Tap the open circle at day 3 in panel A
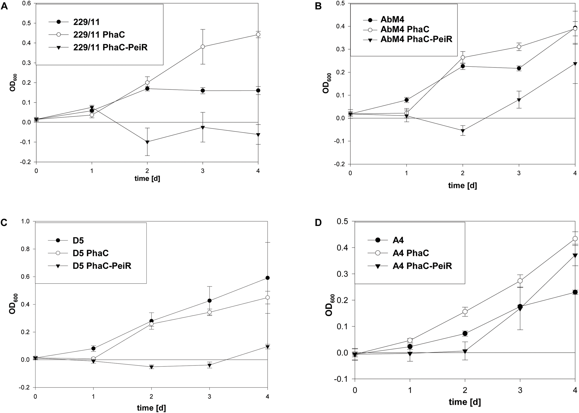pyautogui.click(x=203, y=47)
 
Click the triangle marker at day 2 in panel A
pyautogui.click(x=147, y=142)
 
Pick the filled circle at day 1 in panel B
pyautogui.click(x=407, y=100)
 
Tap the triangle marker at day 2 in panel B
pyautogui.click(x=463, y=131)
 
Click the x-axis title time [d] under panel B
pyautogui.click(x=463, y=185)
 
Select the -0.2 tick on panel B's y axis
pyautogui.click(x=340, y=164)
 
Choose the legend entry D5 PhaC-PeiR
pyautogui.click(x=102, y=266)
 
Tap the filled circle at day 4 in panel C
pyautogui.click(x=267, y=278)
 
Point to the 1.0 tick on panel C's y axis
pyautogui.click(x=27, y=221)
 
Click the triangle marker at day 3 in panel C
pyautogui.click(x=210, y=366)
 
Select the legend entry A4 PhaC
pyautogui.click(x=411, y=253)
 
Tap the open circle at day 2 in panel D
pyautogui.click(x=465, y=312)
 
